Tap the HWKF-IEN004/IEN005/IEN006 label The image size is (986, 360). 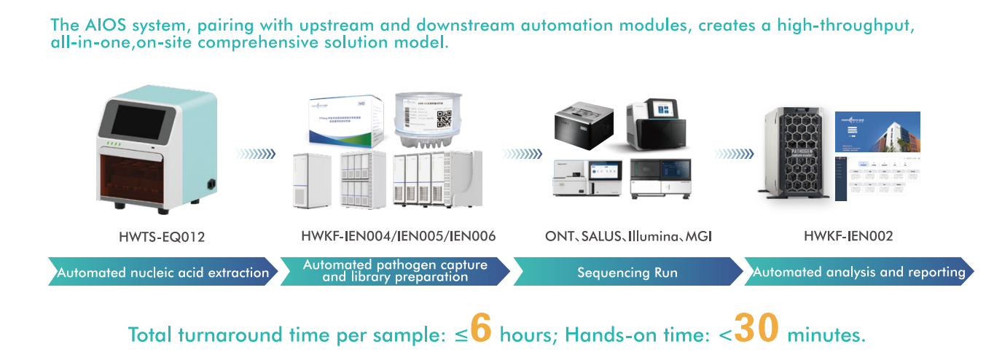tap(398, 237)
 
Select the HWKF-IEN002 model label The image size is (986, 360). tap(848, 237)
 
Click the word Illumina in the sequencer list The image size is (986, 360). tap(657, 237)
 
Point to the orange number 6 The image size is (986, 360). tap(481, 329)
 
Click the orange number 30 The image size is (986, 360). tap(757, 329)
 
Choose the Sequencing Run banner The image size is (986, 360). tap(627, 273)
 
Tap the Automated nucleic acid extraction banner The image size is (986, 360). tap(163, 273)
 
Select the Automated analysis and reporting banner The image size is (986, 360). tap(858, 273)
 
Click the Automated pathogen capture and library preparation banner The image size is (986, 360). tap(395, 271)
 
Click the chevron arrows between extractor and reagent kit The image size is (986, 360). tap(255, 154)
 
